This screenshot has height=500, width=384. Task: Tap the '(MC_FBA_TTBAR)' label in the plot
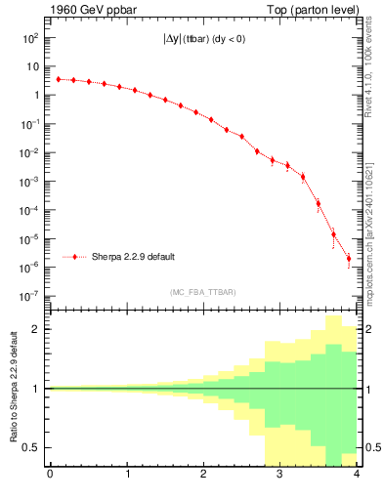203,292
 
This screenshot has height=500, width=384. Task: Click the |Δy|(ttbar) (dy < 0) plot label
203,43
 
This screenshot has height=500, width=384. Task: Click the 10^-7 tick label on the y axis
29,296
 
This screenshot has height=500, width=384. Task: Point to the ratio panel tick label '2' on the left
37,329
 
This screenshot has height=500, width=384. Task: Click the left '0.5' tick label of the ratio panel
32,448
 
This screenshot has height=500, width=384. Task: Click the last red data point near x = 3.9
349,259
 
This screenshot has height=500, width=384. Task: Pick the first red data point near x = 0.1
58,79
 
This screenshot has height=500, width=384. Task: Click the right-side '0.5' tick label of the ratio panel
370,448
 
